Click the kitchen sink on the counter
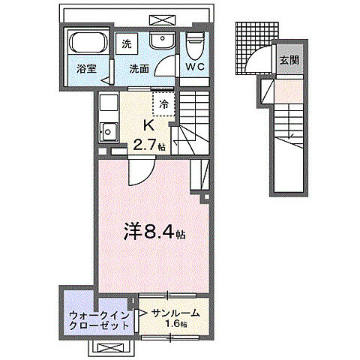tap(107, 132)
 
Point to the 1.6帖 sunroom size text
tap(177, 326)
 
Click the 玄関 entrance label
tap(289, 61)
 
